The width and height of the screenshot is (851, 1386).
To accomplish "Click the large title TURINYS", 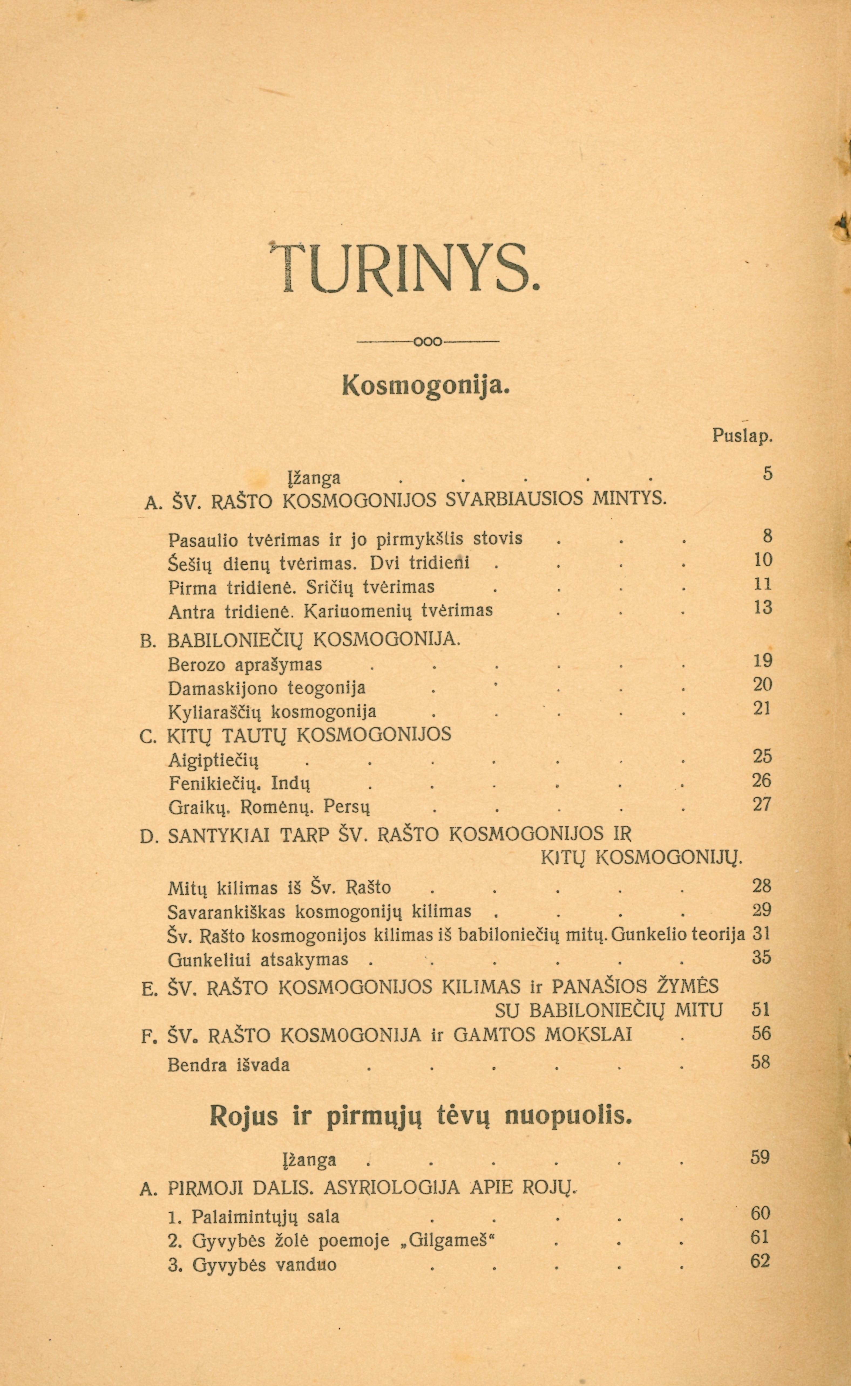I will point(405,268).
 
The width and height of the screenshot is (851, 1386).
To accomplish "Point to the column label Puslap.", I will point(742,436).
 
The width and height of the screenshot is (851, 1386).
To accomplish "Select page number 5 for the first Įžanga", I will point(768,474).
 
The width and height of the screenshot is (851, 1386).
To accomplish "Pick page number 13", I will point(763,607).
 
